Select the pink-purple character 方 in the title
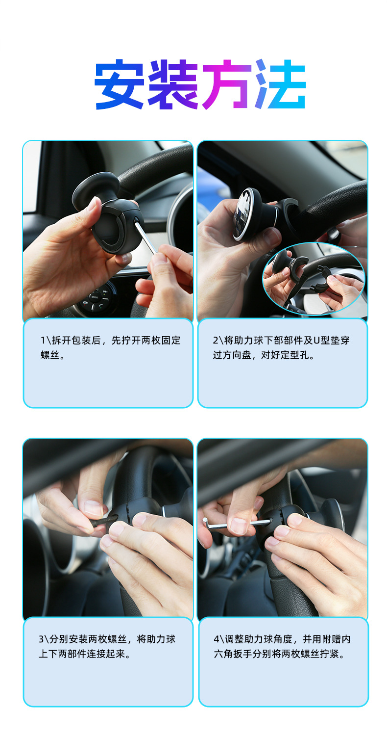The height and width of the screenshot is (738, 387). click(227, 84)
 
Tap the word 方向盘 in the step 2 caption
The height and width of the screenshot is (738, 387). click(235, 355)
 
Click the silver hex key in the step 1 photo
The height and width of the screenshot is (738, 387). click(145, 237)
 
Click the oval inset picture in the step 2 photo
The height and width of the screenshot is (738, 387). click(314, 278)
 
